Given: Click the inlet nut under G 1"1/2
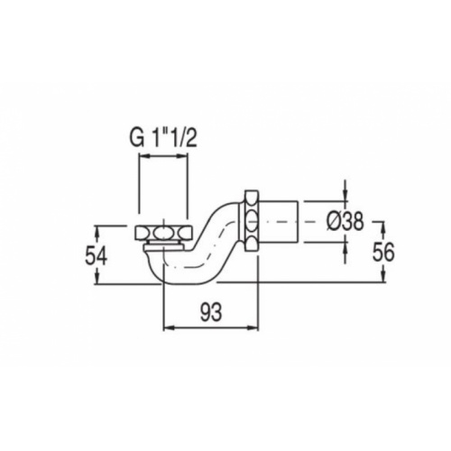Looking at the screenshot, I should coord(161,234).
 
